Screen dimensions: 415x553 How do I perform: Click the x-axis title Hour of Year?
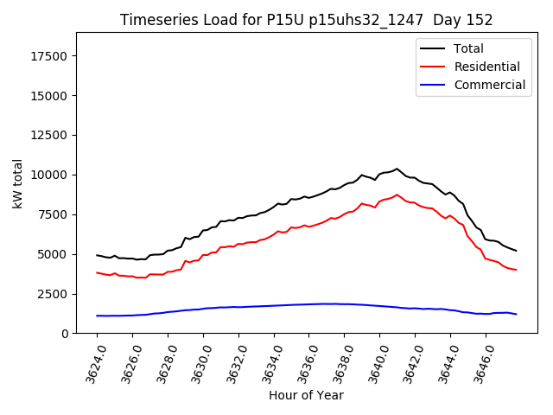coord(306,395)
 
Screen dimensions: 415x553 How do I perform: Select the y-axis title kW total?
coord(17,183)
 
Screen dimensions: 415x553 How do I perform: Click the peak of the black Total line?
coord(397,169)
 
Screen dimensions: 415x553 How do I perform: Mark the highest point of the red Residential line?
coord(397,195)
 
